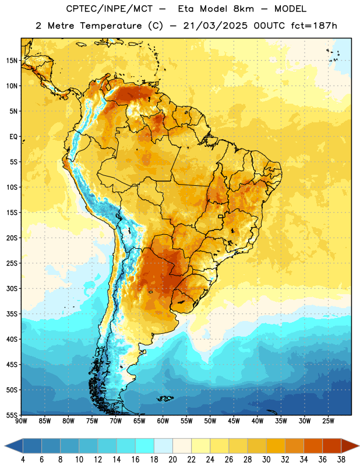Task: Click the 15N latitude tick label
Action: click(12, 61)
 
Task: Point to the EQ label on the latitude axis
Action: click(13, 137)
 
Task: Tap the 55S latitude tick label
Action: click(12, 415)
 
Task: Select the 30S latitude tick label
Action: click(12, 288)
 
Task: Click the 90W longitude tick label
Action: click(21, 421)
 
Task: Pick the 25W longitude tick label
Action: click(328, 421)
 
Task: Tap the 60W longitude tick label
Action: click(163, 421)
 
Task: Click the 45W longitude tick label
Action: click(234, 421)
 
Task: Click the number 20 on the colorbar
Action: click(172, 460)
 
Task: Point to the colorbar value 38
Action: click(341, 460)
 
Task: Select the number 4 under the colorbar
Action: click(23, 460)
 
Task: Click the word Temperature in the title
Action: click(111, 26)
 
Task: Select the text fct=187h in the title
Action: click(314, 26)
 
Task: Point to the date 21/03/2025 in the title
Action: click(215, 26)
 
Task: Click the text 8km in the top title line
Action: click(243, 9)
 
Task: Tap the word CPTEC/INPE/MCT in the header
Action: click(109, 9)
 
